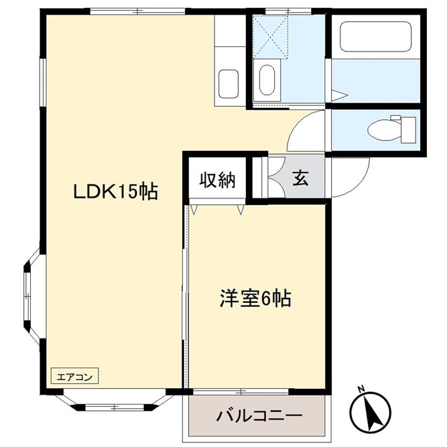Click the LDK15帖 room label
(x=115, y=192)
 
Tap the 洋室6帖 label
(x=256, y=300)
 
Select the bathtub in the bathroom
(x=375, y=36)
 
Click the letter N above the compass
(x=361, y=390)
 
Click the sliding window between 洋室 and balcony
(x=240, y=392)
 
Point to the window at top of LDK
(x=137, y=11)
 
